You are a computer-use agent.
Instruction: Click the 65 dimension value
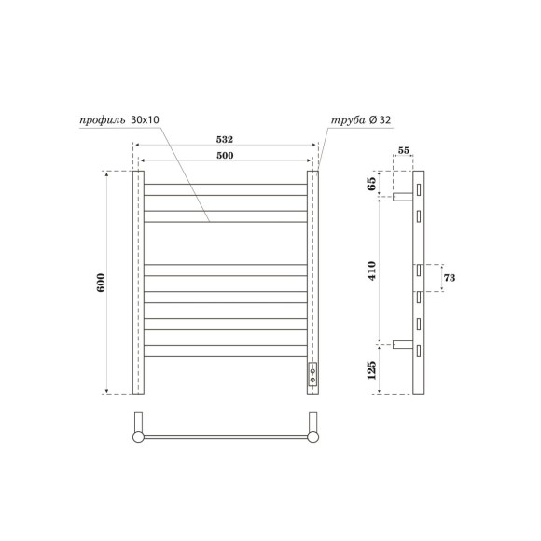(x=373, y=183)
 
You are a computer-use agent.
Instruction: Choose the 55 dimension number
(x=404, y=150)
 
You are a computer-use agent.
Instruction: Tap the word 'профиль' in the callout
(x=100, y=120)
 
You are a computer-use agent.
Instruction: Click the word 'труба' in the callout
(x=344, y=120)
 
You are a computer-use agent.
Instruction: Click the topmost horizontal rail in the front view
(x=225, y=186)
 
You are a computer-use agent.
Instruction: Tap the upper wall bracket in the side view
(x=403, y=199)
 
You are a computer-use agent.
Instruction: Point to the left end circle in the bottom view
(x=138, y=436)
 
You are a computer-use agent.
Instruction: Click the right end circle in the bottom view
(x=312, y=436)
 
